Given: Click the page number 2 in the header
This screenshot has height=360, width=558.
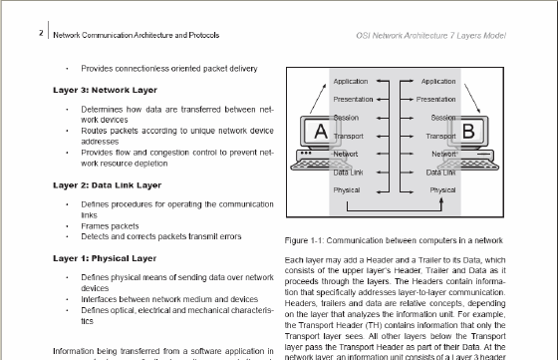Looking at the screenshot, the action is (41, 33).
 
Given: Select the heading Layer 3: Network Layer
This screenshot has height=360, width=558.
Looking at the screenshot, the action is (105, 90).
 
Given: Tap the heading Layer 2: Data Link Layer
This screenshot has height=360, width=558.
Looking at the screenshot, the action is (108, 185).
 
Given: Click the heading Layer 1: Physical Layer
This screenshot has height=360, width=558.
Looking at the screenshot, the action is (105, 258).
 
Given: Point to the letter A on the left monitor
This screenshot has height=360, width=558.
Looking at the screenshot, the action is (321, 131).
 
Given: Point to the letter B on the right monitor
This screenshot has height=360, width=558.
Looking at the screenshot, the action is (468, 131).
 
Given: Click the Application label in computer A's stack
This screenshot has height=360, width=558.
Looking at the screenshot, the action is (351, 81).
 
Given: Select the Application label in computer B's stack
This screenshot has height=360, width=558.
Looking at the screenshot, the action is (438, 81).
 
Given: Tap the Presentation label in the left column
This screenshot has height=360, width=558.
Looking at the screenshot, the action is (353, 99).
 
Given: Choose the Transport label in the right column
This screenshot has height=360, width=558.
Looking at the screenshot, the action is (440, 136).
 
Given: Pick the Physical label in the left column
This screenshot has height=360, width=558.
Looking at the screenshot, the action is (347, 190).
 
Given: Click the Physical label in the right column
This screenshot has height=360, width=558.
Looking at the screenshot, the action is (442, 190).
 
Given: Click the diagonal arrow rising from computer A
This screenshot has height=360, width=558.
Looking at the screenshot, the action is (318, 99).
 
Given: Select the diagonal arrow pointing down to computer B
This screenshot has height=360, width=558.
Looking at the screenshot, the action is (472, 99).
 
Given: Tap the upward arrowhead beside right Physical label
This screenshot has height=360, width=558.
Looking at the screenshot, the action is (441, 201).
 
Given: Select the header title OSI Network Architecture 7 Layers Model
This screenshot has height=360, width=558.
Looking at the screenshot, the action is (430, 36).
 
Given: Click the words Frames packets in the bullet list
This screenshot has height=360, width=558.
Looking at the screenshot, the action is (110, 226).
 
